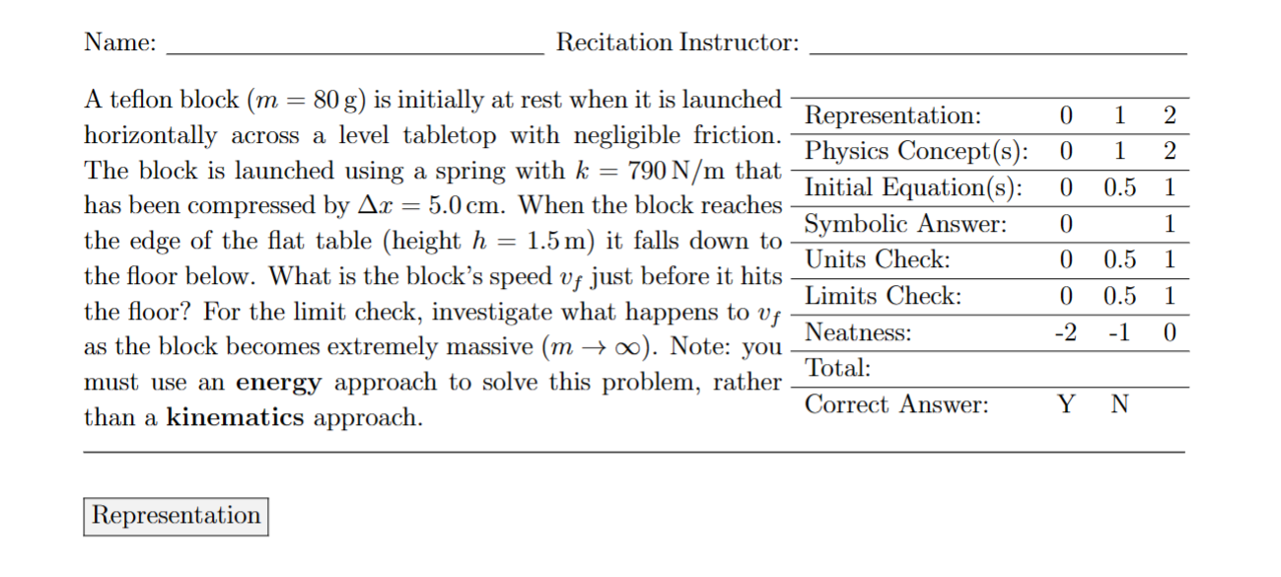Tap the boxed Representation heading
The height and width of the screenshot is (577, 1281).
coord(176,516)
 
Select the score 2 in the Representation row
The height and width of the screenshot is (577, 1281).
coord(1170,116)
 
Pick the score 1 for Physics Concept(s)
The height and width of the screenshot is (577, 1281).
coord(1118,152)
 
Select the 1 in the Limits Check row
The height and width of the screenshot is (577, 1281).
coord(1170,296)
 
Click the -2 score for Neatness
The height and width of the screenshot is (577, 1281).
coord(1064,332)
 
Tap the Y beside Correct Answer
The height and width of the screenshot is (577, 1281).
coord(1065,404)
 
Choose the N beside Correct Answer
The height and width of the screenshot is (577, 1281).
coord(1118,404)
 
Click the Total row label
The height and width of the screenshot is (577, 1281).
coord(838,369)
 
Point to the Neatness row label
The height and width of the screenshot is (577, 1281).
coord(858,332)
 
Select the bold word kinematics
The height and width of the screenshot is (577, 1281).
coord(236,418)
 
